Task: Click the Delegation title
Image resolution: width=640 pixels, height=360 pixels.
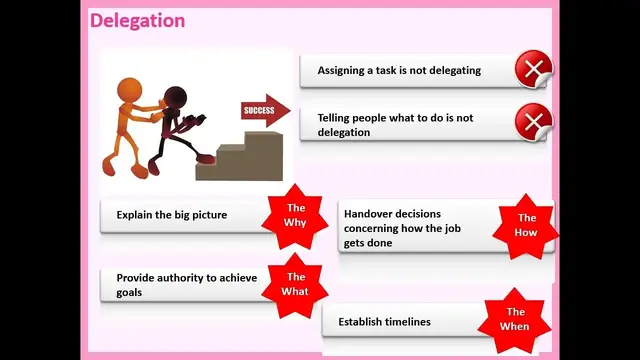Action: [137, 20]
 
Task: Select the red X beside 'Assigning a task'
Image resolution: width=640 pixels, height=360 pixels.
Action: [533, 71]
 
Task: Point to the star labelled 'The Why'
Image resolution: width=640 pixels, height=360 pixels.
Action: [296, 215]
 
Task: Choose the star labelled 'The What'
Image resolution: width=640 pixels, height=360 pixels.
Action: [295, 284]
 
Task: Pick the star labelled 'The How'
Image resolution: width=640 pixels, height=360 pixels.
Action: [526, 225]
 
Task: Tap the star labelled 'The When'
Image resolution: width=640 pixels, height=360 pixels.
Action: [515, 319]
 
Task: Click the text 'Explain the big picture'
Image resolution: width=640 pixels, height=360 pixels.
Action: [171, 215]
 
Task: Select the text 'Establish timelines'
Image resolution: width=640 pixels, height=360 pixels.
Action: [384, 322]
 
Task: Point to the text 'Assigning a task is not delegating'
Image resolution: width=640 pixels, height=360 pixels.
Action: [399, 71]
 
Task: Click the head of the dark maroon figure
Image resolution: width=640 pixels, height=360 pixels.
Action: [175, 98]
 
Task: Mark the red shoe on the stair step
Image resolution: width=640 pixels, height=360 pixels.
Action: [204, 157]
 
